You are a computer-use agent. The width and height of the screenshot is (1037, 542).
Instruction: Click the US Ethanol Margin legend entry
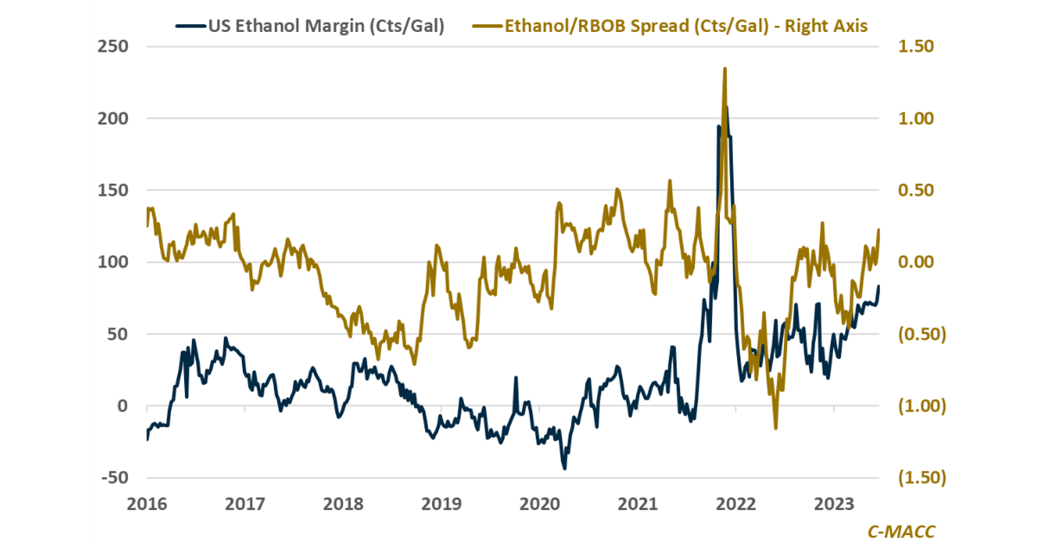tap(327, 26)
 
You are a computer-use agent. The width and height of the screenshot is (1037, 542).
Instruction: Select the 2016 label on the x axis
tap(148, 503)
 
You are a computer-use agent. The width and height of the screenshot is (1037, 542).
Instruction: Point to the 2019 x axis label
tap(442, 503)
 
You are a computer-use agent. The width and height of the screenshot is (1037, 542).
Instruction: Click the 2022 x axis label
tap(736, 503)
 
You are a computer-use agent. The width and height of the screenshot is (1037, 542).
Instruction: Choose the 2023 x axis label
tap(835, 503)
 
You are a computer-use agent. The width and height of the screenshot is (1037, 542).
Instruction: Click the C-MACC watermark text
tap(900, 528)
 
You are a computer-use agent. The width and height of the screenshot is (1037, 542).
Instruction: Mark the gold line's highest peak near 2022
tap(724, 68)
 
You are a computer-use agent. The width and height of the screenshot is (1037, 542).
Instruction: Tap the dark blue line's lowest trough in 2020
tap(564, 469)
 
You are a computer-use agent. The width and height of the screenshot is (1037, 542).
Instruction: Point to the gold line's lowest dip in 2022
tap(775, 428)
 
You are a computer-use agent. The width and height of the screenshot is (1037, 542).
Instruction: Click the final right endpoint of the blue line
tap(879, 286)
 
